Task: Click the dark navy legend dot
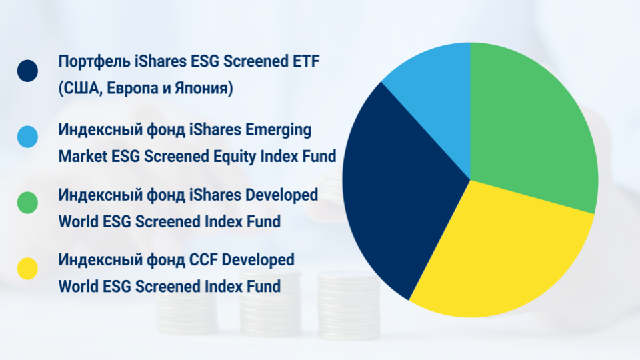pos(27,71)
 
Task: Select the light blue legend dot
pos(27,137)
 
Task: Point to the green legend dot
pos(27,203)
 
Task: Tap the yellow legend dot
pos(27,269)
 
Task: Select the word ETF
pos(306,61)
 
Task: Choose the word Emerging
pos(278,131)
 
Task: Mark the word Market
pos(83,156)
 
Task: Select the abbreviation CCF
pos(203,260)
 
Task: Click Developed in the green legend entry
pos(281,195)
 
